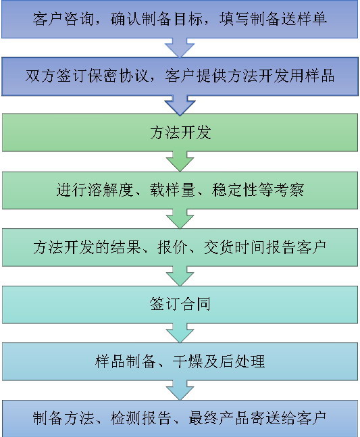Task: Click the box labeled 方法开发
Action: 180,132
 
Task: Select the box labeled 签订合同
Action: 180,305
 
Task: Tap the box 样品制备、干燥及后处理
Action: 180,361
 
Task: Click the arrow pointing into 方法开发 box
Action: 180,105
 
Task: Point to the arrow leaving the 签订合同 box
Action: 180,333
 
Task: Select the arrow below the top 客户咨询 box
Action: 180,48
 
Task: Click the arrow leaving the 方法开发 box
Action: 180,161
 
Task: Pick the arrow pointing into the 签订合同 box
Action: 180,276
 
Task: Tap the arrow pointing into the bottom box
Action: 180,390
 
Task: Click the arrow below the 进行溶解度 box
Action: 180,219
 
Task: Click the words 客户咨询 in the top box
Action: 63,19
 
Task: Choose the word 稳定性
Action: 234,190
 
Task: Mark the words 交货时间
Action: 234,247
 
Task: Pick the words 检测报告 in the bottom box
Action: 141,418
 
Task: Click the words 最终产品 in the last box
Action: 219,418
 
